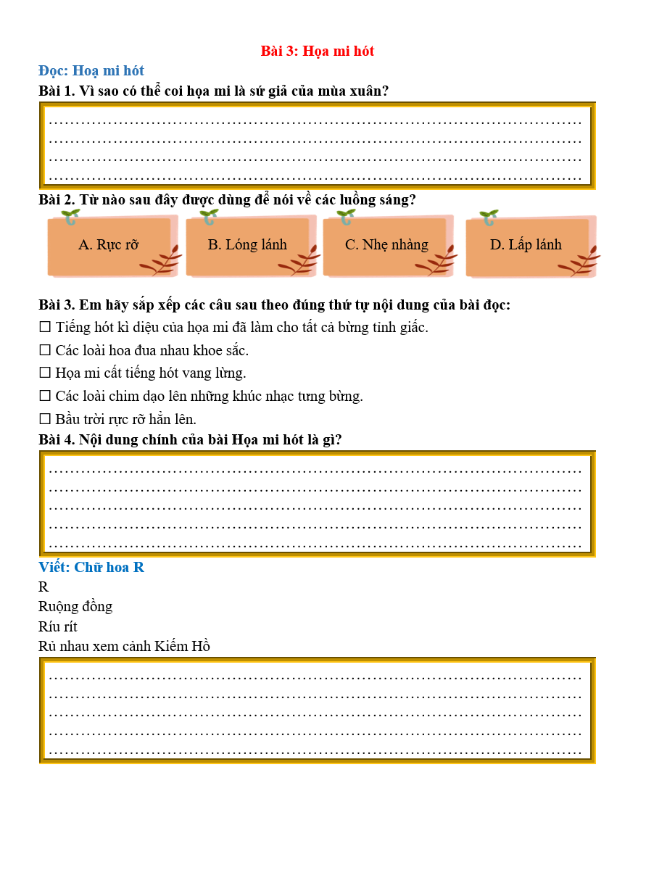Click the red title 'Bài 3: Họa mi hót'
[317, 51]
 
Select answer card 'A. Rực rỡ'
[109, 245]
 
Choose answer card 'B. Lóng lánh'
[247, 245]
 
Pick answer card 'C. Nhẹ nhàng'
[386, 245]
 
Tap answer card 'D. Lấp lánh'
[526, 245]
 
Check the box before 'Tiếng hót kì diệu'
[45, 328]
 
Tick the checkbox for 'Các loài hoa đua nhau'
[45, 351]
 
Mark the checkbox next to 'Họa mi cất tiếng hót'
[45, 373]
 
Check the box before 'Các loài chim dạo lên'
[45, 397]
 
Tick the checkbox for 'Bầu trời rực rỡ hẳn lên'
[45, 420]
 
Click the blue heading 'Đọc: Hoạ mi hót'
[91, 70]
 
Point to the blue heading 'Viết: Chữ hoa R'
[91, 567]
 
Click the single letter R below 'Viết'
[44, 587]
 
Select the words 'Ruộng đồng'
[75, 606]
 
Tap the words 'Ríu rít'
[58, 626]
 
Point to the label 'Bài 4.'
[57, 439]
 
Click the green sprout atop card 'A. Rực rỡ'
[70, 217]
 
